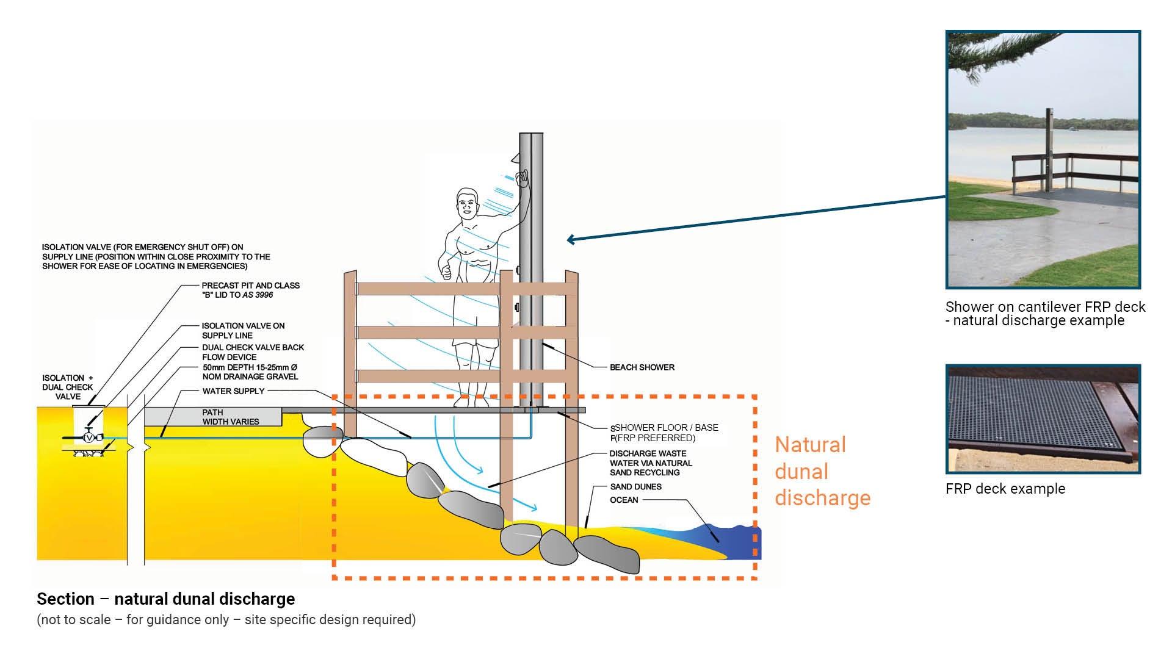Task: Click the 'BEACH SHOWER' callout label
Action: (642, 367)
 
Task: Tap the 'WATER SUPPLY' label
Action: (233, 391)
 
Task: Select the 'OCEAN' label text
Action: (624, 500)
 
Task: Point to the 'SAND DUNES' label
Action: (635, 487)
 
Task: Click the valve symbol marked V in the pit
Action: (90, 438)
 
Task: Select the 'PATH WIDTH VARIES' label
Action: (230, 417)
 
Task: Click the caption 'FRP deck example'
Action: (1005, 489)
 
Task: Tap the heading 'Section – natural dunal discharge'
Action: (166, 599)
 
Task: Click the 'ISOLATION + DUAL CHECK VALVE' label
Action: (67, 387)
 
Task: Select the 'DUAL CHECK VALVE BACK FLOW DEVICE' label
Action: (253, 352)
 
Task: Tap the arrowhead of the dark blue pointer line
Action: (570, 240)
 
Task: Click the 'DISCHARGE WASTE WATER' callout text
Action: (650, 463)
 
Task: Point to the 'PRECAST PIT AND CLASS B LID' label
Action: (250, 290)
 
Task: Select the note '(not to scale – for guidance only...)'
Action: (226, 620)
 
